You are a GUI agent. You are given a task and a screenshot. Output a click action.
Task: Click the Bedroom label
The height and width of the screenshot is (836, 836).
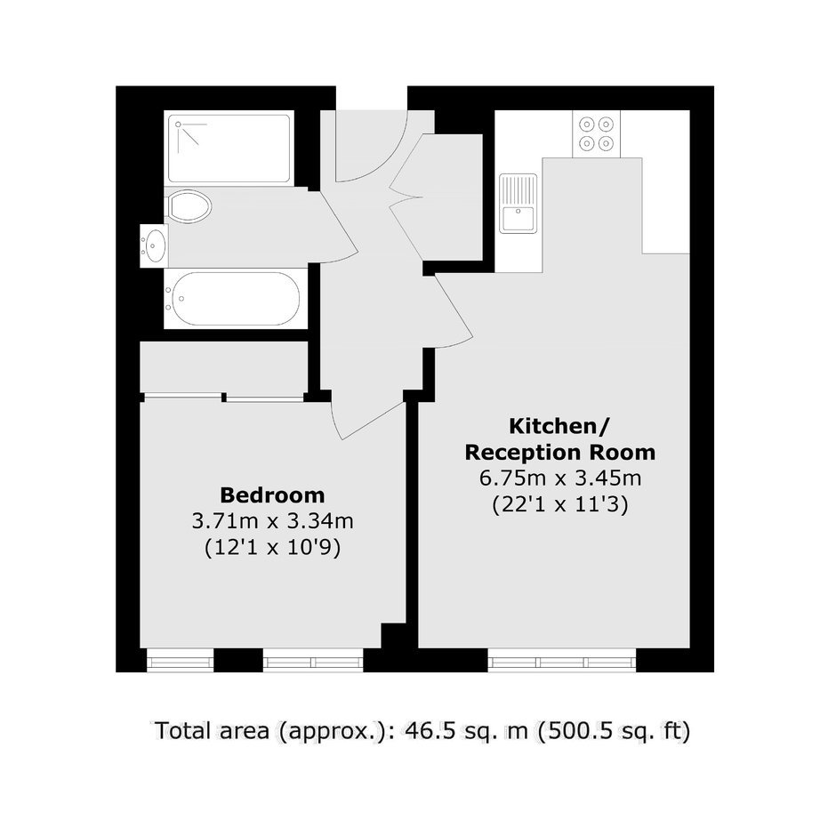point(272,495)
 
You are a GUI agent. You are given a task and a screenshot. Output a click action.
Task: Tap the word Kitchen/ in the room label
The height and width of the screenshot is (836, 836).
point(559,427)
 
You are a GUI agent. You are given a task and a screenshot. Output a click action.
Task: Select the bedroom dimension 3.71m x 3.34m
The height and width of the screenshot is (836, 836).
point(272,521)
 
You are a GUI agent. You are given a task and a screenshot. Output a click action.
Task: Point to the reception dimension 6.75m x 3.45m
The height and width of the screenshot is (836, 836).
point(559,478)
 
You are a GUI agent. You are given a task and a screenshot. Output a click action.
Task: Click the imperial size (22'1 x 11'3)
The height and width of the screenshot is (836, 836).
point(559,504)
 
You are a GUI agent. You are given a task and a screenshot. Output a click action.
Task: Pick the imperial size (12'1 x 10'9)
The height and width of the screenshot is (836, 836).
point(272,548)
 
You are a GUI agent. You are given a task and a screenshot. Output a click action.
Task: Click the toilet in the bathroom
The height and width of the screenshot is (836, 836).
point(188,205)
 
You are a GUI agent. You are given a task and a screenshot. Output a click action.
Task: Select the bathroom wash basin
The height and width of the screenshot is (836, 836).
point(154,245)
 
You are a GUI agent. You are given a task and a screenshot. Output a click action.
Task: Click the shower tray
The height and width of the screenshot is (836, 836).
point(229,149)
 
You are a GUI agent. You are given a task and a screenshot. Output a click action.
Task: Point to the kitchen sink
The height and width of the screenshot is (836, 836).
point(518,204)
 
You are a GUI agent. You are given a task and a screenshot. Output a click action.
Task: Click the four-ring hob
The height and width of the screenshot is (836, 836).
point(596,133)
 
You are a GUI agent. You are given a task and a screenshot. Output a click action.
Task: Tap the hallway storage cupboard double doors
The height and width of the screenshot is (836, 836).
point(408,197)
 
